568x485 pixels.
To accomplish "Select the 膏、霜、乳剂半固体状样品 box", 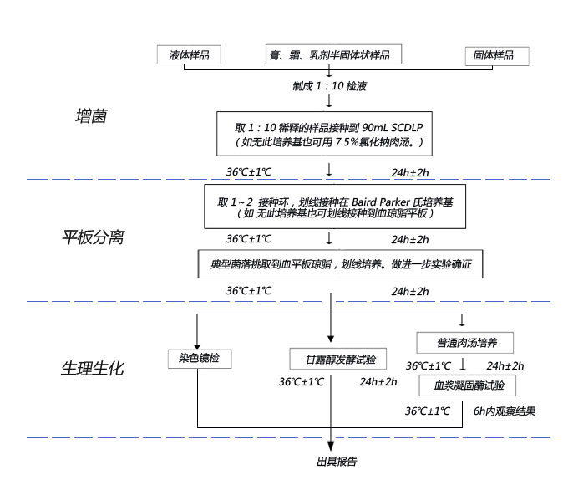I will pyautogui.click(x=328, y=55).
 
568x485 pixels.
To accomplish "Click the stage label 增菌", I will pyautogui.click(x=91, y=117).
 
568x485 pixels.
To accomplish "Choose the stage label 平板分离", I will pyautogui.click(x=94, y=237).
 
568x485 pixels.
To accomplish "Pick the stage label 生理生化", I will pyautogui.click(x=93, y=368).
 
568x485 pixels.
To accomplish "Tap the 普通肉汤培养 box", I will pyautogui.click(x=464, y=343).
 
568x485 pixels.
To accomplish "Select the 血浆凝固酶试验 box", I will pyautogui.click(x=464, y=385).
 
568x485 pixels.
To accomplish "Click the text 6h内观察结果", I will pyautogui.click(x=505, y=411).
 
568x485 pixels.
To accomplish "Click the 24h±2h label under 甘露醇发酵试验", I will pyautogui.click(x=379, y=382).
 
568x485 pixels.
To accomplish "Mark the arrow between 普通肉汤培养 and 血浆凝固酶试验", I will pyautogui.click(x=464, y=365).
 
